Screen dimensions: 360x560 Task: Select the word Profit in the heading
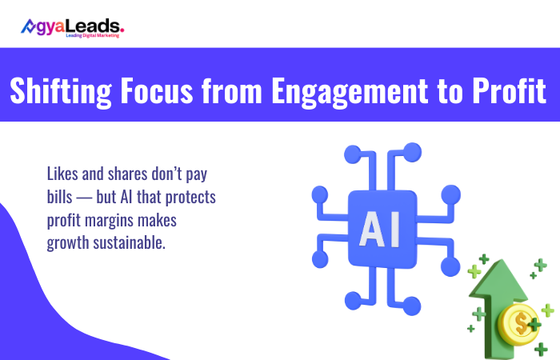click(509, 90)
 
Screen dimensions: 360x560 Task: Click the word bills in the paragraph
click(62, 197)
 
